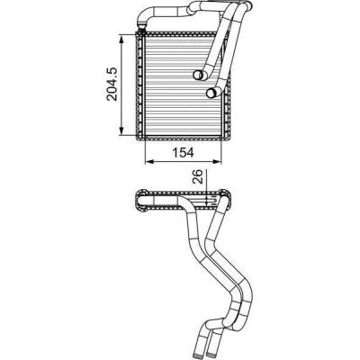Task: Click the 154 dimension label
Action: point(183,152)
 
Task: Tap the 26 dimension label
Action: point(199,177)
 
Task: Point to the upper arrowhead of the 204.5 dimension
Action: point(121,39)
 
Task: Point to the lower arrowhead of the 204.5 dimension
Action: point(121,130)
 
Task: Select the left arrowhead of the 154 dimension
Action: point(149,162)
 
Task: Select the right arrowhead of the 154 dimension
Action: point(217,162)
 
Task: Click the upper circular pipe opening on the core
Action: point(198,75)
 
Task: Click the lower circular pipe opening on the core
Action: point(211,93)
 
